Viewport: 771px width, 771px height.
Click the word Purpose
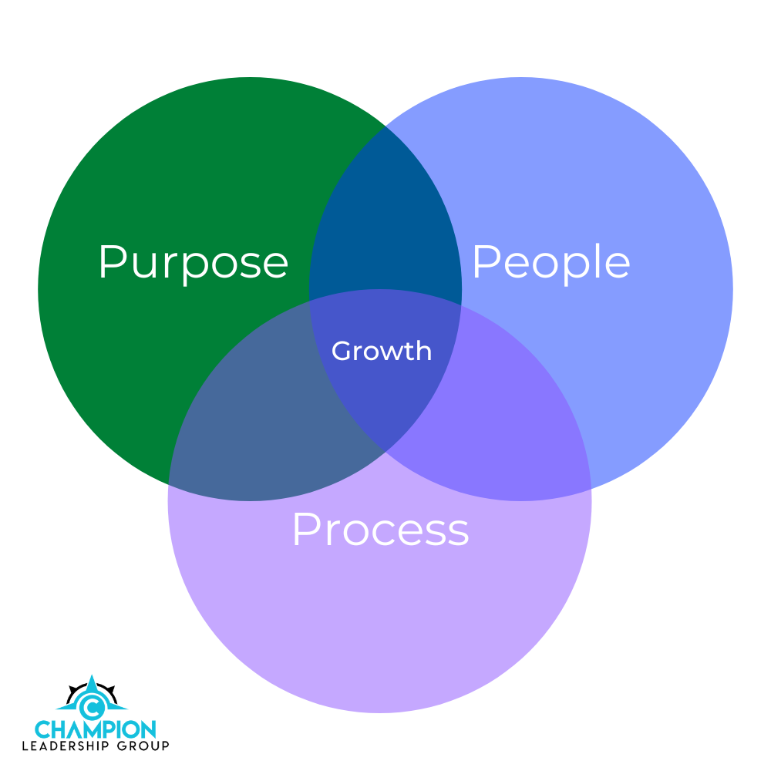tap(193, 263)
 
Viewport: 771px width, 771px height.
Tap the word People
tap(550, 263)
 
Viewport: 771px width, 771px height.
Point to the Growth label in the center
tap(382, 352)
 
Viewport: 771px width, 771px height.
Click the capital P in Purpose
tap(111, 261)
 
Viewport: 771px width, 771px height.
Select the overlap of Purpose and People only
tap(385, 216)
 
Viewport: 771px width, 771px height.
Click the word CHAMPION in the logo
tap(96, 729)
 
